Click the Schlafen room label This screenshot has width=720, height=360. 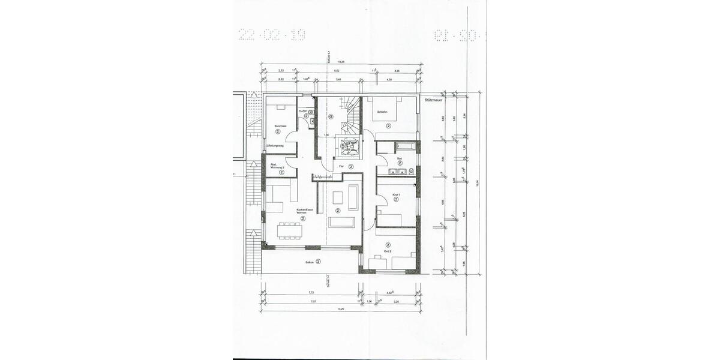click(381, 112)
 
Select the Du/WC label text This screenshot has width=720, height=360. click(305, 111)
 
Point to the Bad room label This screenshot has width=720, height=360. click(399, 158)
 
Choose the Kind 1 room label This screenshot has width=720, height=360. click(396, 194)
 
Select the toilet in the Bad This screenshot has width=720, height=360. click(411, 172)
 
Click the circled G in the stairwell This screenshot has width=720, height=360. click(329, 117)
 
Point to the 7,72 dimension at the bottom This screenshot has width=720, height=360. click(311, 293)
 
